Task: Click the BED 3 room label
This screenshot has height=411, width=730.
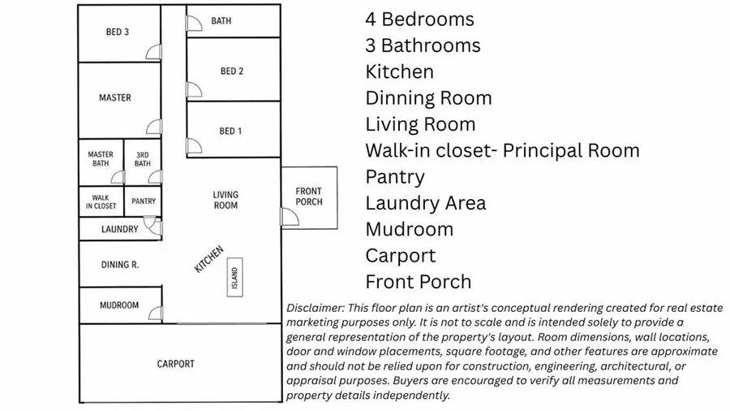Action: [118, 32]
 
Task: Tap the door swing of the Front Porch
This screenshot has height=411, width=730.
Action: [290, 217]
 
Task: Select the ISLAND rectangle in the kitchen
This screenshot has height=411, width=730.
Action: [234, 277]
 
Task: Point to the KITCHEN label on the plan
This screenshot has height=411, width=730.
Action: [209, 259]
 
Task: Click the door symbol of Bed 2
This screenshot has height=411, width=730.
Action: [194, 89]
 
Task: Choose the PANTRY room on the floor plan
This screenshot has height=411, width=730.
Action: [143, 201]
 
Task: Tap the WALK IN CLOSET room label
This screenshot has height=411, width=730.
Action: [101, 201]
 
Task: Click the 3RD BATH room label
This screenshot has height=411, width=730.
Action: [143, 159]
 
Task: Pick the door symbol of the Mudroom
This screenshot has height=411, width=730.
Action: [156, 314]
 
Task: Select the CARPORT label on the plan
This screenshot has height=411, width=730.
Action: [175, 364]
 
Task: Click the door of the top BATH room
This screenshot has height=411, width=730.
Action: [194, 24]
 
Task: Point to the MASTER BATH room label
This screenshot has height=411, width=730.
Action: [101, 159]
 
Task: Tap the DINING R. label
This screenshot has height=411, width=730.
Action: [120, 265]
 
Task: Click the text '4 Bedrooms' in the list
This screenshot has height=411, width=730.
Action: [419, 19]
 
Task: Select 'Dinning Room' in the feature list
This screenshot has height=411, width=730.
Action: [428, 97]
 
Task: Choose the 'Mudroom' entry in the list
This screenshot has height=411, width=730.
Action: [410, 229]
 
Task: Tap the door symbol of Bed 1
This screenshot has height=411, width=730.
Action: [194, 146]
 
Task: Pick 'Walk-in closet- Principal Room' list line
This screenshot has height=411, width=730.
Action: [502, 150]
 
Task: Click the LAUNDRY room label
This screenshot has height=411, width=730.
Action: [120, 229]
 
